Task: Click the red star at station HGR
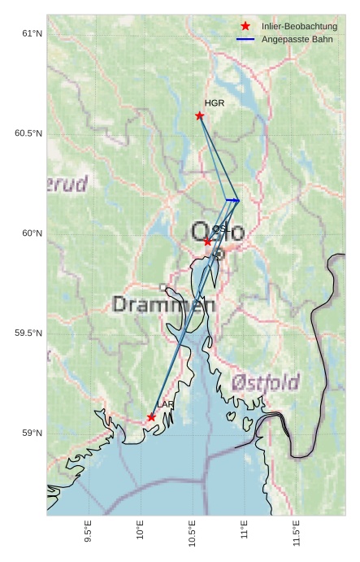pyautogui.click(x=200, y=115)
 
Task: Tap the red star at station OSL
pyautogui.click(x=208, y=242)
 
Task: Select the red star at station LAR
pyautogui.click(x=152, y=417)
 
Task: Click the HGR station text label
pyautogui.click(x=215, y=103)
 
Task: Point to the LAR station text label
pyautogui.click(x=166, y=404)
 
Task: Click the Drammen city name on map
pyautogui.click(x=163, y=305)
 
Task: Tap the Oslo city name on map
pyautogui.click(x=217, y=232)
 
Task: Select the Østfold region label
pyautogui.click(x=265, y=381)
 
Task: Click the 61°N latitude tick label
pyautogui.click(x=32, y=33)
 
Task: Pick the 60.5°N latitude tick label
pyautogui.click(x=28, y=133)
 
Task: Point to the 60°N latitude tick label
pyautogui.click(x=32, y=233)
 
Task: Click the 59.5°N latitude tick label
pyautogui.click(x=28, y=333)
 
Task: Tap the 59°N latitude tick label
pyautogui.click(x=32, y=433)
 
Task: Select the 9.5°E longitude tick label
pyautogui.click(x=89, y=533)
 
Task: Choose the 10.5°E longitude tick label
pyautogui.click(x=193, y=534)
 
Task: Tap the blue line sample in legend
pyautogui.click(x=245, y=40)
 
